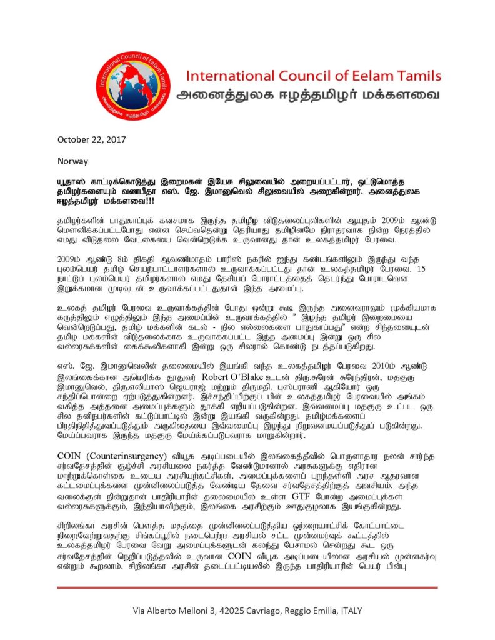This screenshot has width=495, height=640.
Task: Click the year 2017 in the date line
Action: [x=117, y=139]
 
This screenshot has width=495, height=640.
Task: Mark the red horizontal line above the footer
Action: [x=247, y=587]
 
